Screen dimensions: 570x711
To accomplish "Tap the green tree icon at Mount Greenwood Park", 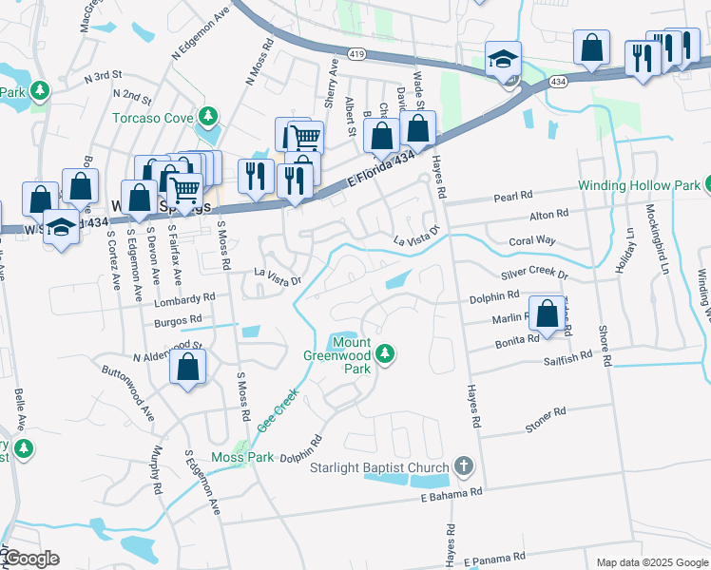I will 384,354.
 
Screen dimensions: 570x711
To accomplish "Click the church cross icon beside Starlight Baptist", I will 463,465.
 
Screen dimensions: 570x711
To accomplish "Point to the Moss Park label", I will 242,457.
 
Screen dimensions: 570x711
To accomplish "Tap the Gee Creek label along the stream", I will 279,410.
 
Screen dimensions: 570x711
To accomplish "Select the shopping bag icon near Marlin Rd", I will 548,313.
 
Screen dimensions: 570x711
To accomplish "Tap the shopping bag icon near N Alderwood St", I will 189,367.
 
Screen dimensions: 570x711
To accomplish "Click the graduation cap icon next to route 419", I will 501,60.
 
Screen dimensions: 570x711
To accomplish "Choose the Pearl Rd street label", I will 512,198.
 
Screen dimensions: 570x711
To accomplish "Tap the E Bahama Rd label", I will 452,492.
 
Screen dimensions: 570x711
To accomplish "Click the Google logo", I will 30,558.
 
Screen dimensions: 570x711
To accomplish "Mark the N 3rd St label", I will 104,74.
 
